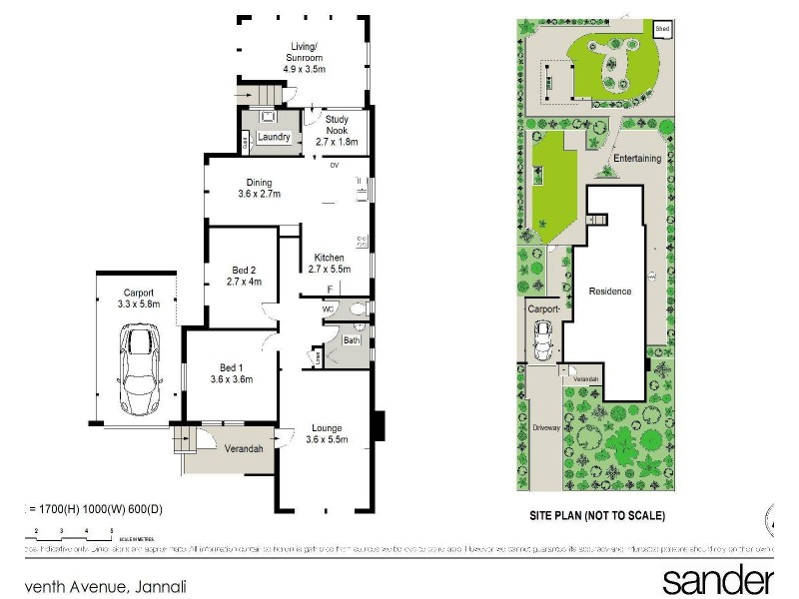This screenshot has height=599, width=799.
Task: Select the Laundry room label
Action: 273,138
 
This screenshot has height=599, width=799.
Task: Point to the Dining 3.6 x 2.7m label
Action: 260,188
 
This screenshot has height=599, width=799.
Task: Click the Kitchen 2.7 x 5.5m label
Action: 329,263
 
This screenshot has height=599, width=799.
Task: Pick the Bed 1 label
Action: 232,372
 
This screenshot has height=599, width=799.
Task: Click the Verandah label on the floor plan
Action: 243,449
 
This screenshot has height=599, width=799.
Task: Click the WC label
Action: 328,309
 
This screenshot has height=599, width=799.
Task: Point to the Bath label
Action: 352,340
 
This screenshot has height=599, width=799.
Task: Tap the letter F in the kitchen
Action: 331,290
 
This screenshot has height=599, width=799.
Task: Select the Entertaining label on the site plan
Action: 637,159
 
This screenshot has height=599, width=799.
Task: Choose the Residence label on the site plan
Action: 609,292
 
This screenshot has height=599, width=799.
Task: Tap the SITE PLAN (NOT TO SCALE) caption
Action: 597,516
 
